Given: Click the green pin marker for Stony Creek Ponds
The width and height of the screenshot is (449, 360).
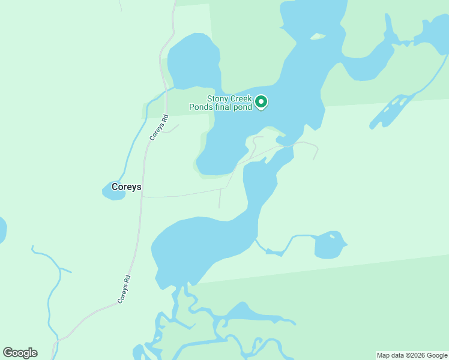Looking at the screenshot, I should (261, 103).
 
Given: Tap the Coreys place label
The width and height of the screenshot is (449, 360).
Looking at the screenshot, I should (127, 187).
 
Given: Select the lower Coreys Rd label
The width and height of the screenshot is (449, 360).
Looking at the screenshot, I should (124, 289).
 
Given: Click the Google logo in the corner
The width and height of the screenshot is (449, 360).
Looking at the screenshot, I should (20, 353).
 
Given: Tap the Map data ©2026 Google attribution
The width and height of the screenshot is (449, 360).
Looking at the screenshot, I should (412, 355).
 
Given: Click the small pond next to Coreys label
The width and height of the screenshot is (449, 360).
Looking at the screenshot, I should (111, 191).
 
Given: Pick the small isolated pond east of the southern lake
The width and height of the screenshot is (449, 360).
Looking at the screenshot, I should (329, 245).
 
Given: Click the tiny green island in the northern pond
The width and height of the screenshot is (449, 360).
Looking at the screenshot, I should (318, 37).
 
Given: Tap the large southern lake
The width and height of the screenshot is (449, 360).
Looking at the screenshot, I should (204, 246).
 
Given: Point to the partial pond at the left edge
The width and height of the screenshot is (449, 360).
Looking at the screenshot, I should (2, 230).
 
